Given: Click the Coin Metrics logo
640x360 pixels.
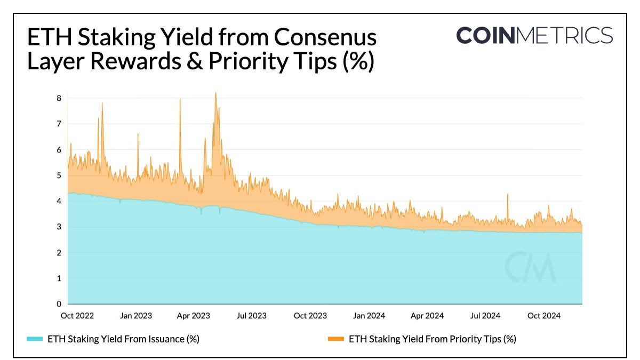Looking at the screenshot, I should (x=534, y=36).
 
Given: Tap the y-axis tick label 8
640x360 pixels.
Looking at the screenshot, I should (x=59, y=98).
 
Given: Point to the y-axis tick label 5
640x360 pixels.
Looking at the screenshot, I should (x=59, y=175).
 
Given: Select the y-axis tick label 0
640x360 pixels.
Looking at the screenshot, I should (x=59, y=304).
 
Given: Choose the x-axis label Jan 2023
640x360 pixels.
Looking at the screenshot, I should (x=135, y=316).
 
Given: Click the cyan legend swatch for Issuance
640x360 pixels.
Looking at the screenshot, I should (x=34, y=339).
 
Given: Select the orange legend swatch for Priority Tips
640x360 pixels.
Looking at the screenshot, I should (x=335, y=339).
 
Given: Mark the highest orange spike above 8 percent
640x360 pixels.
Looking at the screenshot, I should (x=215, y=94).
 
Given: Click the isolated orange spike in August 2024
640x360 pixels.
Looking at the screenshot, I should (x=507, y=195).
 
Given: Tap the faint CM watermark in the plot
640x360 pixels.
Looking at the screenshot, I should (x=530, y=267).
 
